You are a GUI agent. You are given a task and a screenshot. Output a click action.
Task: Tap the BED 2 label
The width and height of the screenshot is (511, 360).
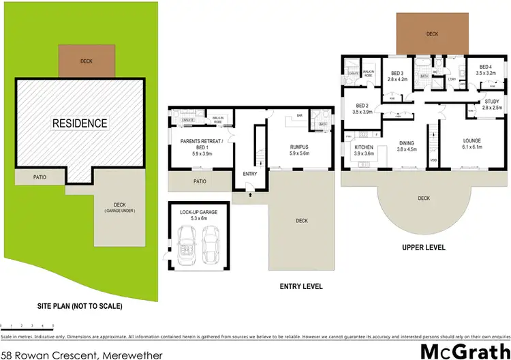click(x=362, y=108)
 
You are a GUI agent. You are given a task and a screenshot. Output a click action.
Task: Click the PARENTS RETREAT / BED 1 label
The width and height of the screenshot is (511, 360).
click(x=195, y=147)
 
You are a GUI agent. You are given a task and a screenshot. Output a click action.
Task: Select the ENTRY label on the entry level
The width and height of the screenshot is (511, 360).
click(x=250, y=174)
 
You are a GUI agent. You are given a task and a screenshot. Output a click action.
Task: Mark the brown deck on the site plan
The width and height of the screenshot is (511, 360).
click(x=86, y=61)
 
